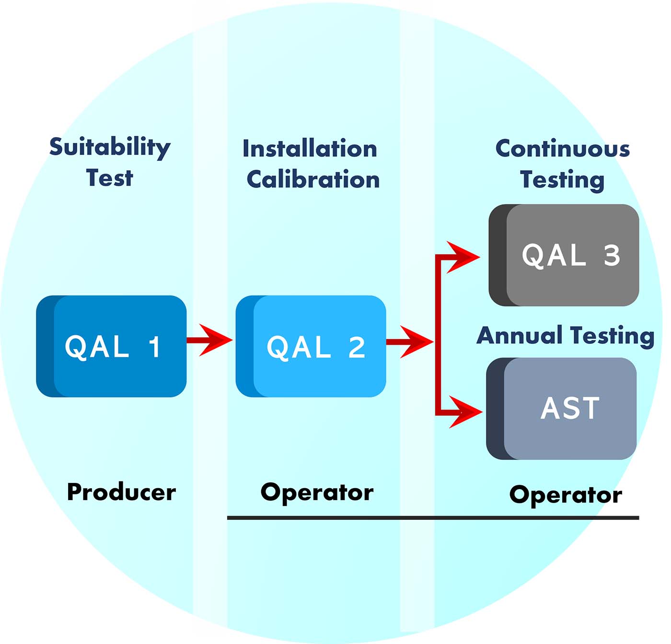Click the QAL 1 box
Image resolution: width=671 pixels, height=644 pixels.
[x=111, y=346]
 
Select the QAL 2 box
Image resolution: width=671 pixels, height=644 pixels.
[x=311, y=346]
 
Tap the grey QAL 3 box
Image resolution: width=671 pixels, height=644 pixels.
[x=564, y=255]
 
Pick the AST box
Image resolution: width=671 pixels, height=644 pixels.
[x=562, y=409]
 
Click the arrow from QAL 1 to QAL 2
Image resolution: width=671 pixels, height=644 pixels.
[x=209, y=340]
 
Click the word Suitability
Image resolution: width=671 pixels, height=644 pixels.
[x=110, y=148]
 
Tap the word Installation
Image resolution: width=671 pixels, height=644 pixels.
[x=310, y=149]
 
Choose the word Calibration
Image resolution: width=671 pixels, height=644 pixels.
[x=313, y=180]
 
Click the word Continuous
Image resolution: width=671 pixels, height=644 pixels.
[x=562, y=149]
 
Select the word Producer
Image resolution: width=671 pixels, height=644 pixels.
[x=121, y=492]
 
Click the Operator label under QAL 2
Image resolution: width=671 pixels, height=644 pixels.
[x=317, y=492]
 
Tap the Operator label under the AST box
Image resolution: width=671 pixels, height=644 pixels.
[x=566, y=495]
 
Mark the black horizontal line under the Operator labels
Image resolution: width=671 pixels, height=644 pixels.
[x=433, y=518]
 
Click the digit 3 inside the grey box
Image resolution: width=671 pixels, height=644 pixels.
[x=612, y=255]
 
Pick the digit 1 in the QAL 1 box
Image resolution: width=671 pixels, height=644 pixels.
[x=154, y=347]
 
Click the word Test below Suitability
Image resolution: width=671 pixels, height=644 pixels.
[x=109, y=178]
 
